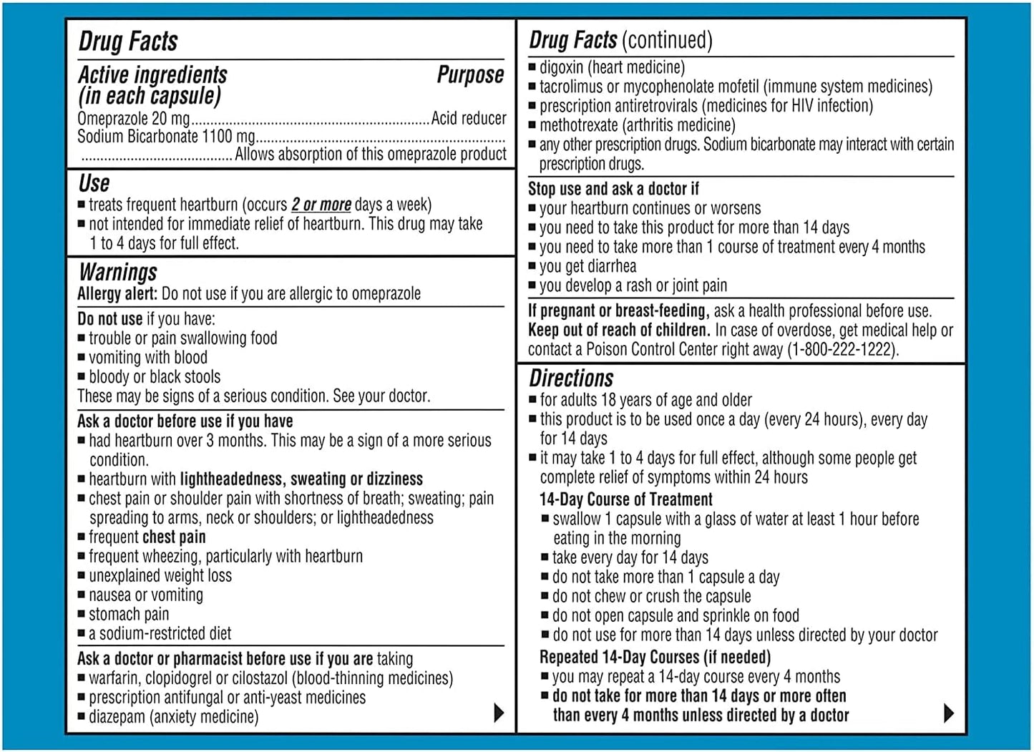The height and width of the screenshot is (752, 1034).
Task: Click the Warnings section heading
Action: tap(118, 272)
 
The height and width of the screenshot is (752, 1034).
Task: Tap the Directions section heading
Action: tap(571, 378)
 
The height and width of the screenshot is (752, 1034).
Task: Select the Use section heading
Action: tap(94, 183)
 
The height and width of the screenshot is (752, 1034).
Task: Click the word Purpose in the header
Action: tap(470, 74)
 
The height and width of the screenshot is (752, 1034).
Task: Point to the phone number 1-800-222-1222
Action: tap(842, 349)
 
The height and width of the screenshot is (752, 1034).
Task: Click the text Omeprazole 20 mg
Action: tap(134, 118)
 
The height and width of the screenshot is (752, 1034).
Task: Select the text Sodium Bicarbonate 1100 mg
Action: tap(166, 136)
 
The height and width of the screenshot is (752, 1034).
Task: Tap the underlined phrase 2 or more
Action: tap(321, 205)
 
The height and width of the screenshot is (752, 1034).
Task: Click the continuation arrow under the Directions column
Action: tap(949, 713)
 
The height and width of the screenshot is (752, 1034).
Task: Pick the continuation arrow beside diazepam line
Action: tap(499, 713)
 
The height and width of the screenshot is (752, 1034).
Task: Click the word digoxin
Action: tap(562, 67)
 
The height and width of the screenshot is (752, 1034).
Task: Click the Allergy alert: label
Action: tap(117, 293)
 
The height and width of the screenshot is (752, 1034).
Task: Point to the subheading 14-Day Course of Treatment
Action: tap(626, 499)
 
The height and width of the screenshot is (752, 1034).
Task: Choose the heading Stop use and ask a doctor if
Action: tap(613, 189)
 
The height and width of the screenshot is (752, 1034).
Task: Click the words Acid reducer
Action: tap(468, 118)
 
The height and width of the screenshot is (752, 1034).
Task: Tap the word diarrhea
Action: tap(608, 266)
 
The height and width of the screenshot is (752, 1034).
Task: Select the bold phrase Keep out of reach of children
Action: tap(619, 330)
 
